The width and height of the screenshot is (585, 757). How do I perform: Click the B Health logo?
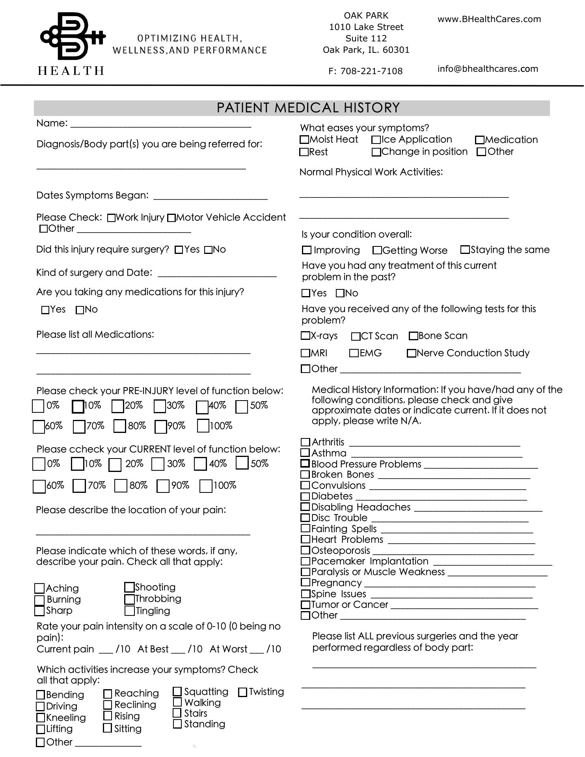pyautogui.click(x=73, y=43)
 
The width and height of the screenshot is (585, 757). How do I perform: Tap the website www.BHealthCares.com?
pyautogui.click(x=489, y=19)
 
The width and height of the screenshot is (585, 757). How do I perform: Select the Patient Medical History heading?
pyautogui.click(x=308, y=108)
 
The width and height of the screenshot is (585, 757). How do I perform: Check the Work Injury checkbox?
pyautogui.click(x=111, y=218)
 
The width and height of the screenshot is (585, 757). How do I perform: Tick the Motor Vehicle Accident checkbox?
pyautogui.click(x=171, y=218)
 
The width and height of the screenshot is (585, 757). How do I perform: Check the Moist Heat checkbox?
pyautogui.click(x=304, y=140)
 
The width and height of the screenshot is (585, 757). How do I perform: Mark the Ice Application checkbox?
pyautogui.click(x=376, y=140)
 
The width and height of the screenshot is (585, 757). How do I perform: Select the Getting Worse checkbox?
pyautogui.click(x=377, y=250)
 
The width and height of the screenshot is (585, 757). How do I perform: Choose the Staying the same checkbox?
pyautogui.click(x=465, y=250)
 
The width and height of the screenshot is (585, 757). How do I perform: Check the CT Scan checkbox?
pyautogui.click(x=356, y=336)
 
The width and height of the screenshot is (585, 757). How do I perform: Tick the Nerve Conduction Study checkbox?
pyautogui.click(x=412, y=353)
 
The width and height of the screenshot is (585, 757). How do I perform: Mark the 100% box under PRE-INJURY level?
pyautogui.click(x=203, y=426)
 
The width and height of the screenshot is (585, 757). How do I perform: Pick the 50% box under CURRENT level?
pyautogui.click(x=242, y=463)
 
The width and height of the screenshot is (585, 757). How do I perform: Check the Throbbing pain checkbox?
pyautogui.click(x=129, y=599)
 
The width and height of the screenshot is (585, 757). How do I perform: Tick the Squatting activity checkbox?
pyautogui.click(x=177, y=692)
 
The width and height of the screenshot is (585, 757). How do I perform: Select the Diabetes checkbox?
pyautogui.click(x=305, y=496)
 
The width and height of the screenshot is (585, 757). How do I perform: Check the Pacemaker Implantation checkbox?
pyautogui.click(x=305, y=561)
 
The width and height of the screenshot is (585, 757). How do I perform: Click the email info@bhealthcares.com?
pyautogui.click(x=488, y=69)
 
